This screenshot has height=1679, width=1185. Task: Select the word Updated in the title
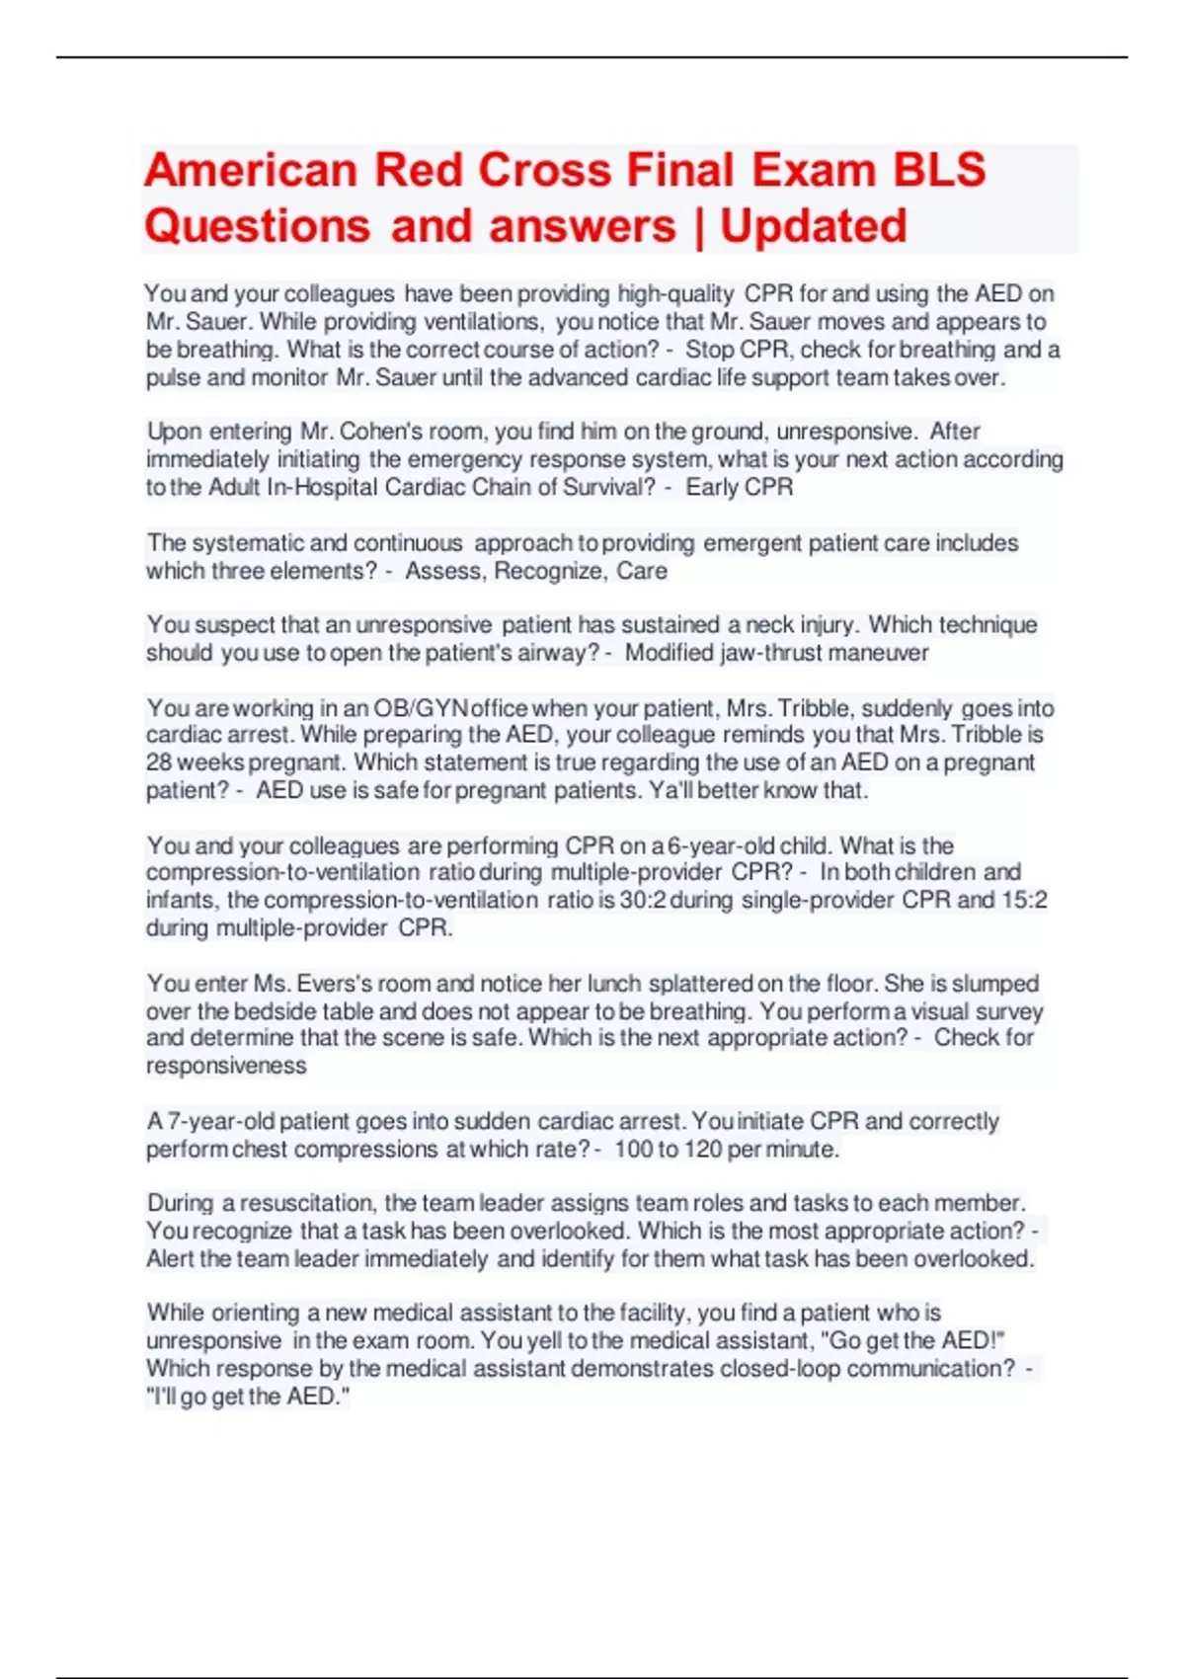pos(813,226)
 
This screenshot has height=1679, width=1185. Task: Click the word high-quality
pos(675,293)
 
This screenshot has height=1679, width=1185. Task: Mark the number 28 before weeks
pos(159,762)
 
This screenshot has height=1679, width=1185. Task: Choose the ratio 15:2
pos(1024,900)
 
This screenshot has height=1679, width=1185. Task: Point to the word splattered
pos(699,984)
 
